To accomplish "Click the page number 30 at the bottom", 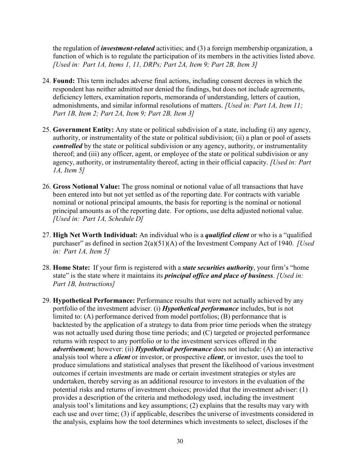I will (180, 441).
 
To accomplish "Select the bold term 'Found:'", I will (63, 81).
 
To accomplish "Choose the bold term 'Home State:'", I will (71, 268).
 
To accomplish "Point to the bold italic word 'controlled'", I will (67, 146).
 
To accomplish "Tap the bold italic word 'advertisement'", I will (73, 349).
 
